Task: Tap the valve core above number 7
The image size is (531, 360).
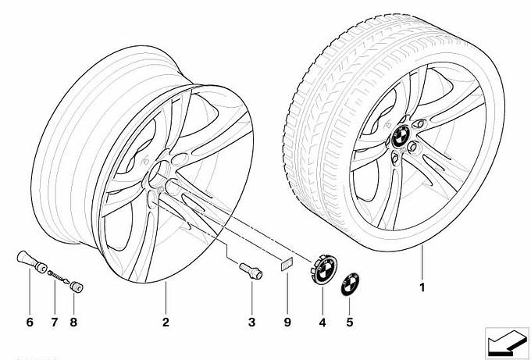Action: pyautogui.click(x=55, y=276)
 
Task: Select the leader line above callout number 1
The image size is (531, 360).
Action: pyautogui.click(x=422, y=262)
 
